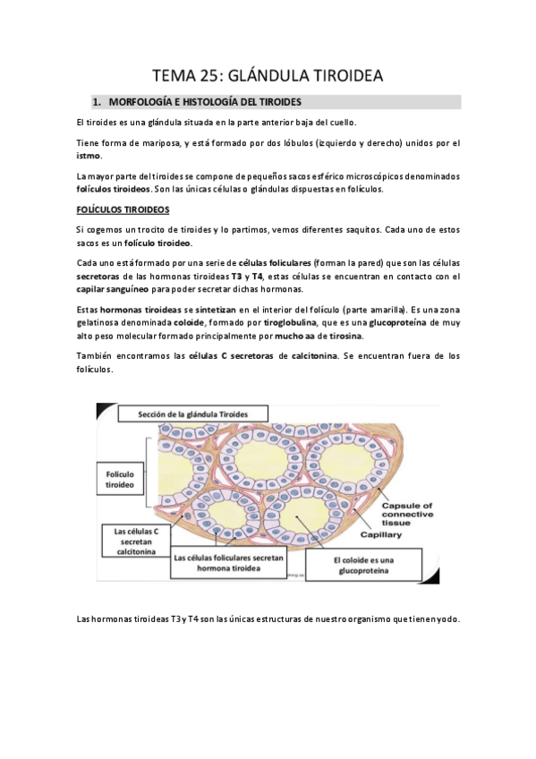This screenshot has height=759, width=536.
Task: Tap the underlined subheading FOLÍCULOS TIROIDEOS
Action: (x=122, y=209)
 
